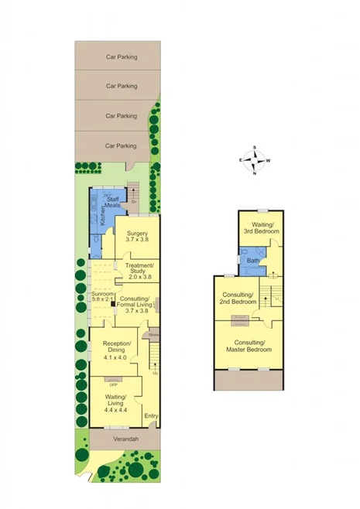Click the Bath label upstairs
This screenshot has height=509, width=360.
pyautogui.click(x=252, y=261)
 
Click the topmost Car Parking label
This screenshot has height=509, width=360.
pyautogui.click(x=121, y=56)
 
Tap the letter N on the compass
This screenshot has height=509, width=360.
pyautogui.click(x=254, y=173)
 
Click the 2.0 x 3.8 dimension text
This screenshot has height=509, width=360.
pyautogui.click(x=140, y=277)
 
